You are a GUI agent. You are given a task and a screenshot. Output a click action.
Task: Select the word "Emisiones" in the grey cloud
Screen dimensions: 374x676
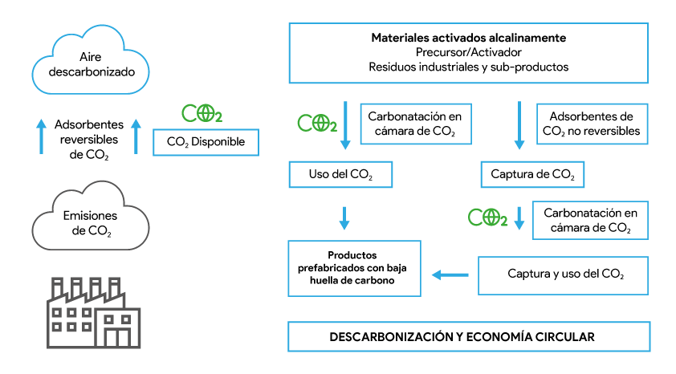[90, 216]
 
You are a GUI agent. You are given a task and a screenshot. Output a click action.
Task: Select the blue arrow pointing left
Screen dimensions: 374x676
[450, 275]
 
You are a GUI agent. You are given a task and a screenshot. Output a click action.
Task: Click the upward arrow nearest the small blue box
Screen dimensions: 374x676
[136, 136]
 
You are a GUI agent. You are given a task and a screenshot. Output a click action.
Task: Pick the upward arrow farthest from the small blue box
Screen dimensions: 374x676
[42, 136]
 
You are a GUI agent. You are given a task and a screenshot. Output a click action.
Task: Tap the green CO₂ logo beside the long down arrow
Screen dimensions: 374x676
[316, 123]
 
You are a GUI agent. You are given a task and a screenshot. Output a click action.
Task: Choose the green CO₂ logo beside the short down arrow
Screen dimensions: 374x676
[487, 217]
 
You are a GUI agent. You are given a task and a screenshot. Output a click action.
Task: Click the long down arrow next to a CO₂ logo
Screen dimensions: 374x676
[345, 125]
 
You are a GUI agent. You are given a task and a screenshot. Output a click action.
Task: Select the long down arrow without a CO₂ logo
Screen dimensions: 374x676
[519, 125]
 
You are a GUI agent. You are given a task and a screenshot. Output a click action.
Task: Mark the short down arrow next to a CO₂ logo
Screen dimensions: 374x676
[519, 218]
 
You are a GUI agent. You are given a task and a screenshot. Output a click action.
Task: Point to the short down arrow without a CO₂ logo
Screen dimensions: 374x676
[344, 218]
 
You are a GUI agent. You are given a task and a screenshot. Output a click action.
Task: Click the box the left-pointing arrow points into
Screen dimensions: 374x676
[354, 268]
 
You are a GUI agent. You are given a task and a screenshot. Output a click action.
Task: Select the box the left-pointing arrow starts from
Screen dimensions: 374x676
[563, 275]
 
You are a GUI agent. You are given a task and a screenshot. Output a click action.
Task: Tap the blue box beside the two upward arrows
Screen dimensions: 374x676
[206, 142]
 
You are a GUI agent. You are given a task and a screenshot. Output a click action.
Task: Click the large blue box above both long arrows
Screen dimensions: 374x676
[468, 53]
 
